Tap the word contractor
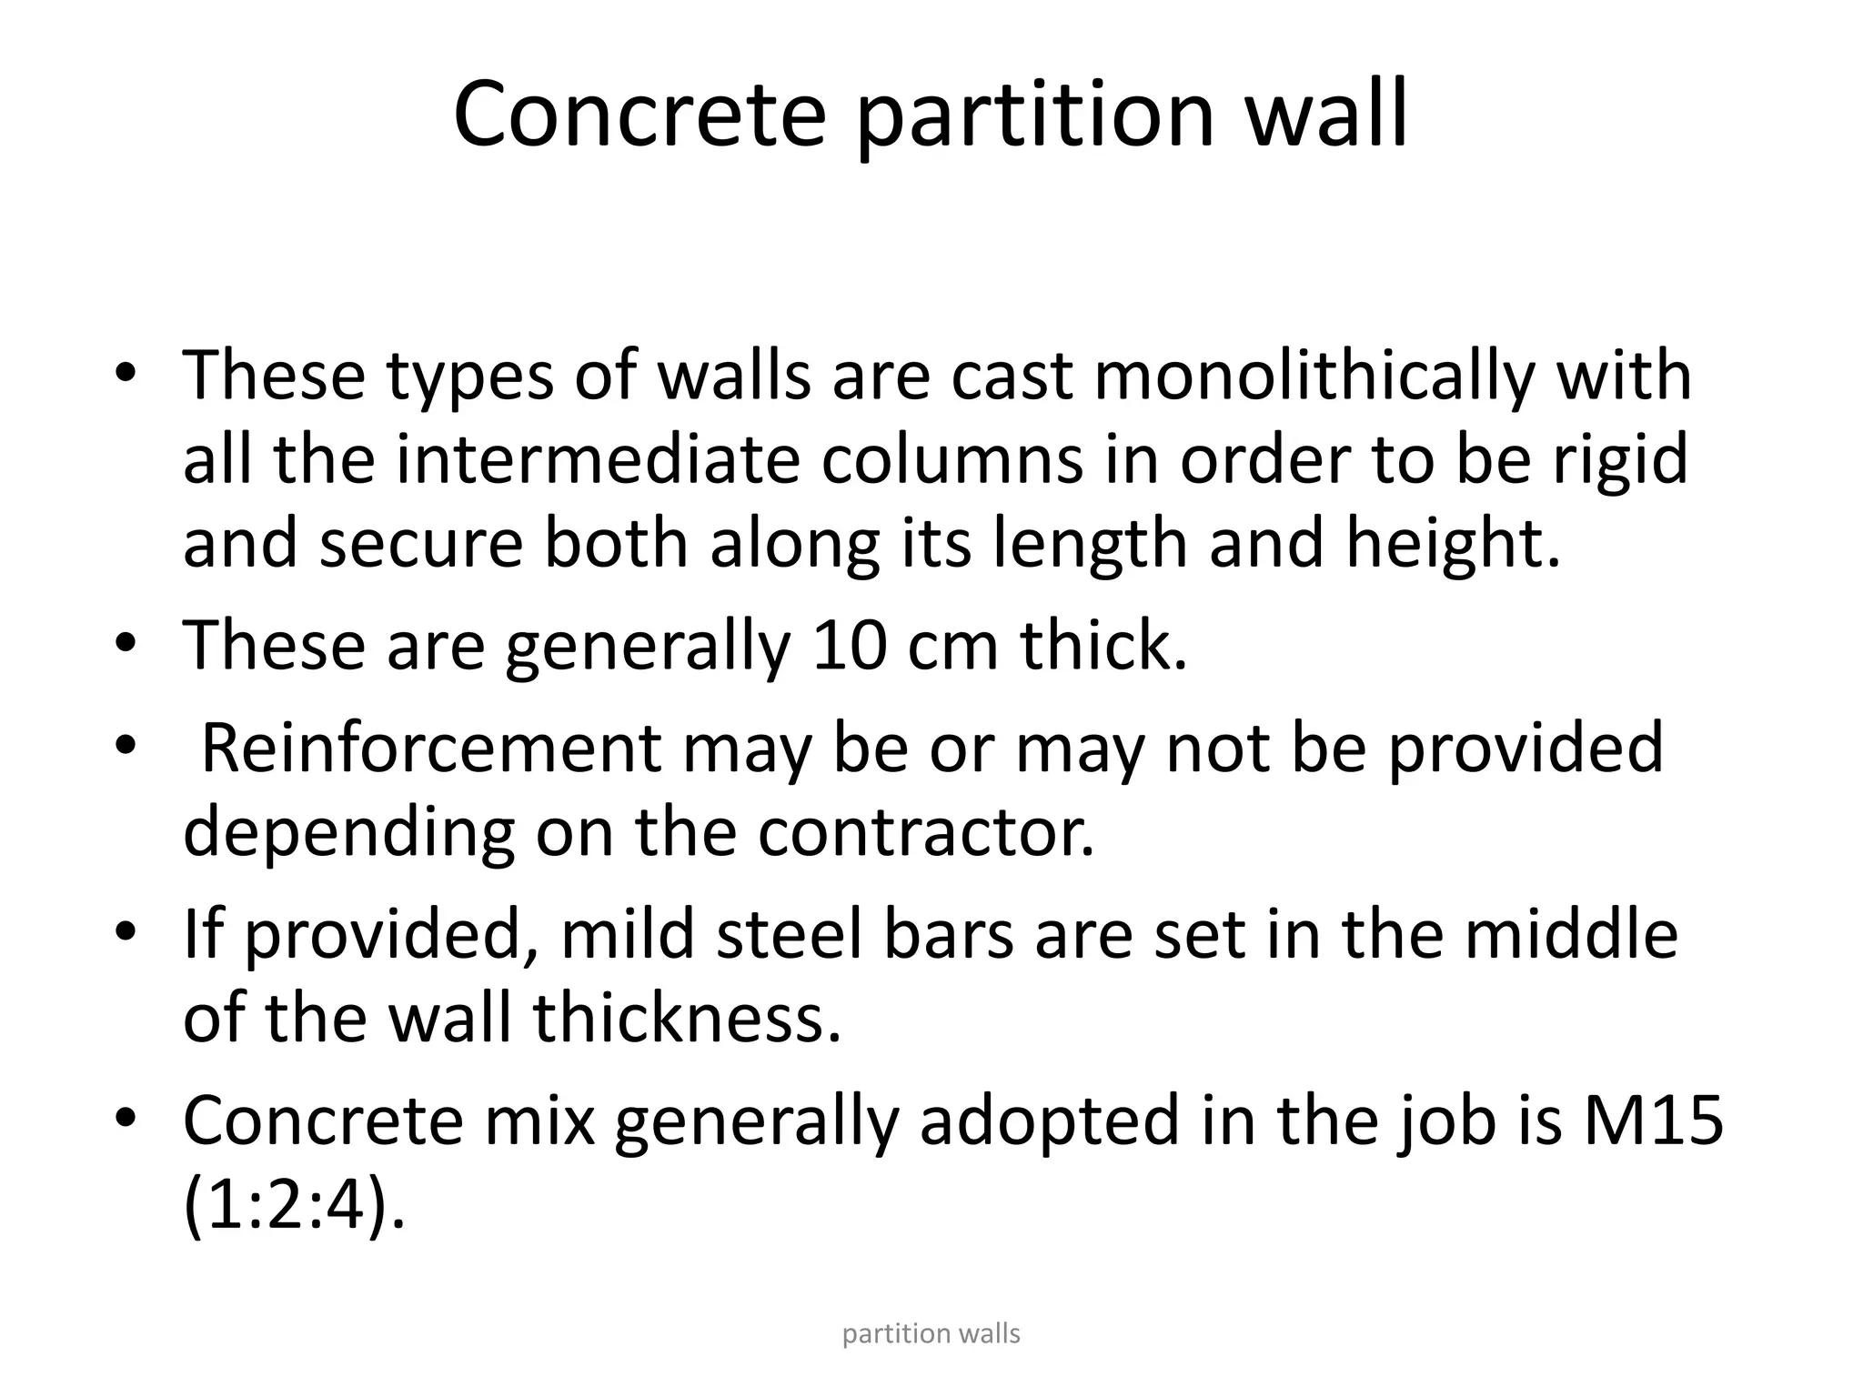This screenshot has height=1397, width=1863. click(925, 831)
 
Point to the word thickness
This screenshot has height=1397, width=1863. click(687, 1018)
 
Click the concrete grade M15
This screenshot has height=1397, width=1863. click(1653, 1120)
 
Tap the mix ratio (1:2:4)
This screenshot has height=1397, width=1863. click(294, 1205)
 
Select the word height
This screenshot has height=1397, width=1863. click(1452, 543)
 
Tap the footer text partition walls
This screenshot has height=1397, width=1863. click(931, 1334)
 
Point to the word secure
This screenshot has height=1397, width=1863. click(420, 543)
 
